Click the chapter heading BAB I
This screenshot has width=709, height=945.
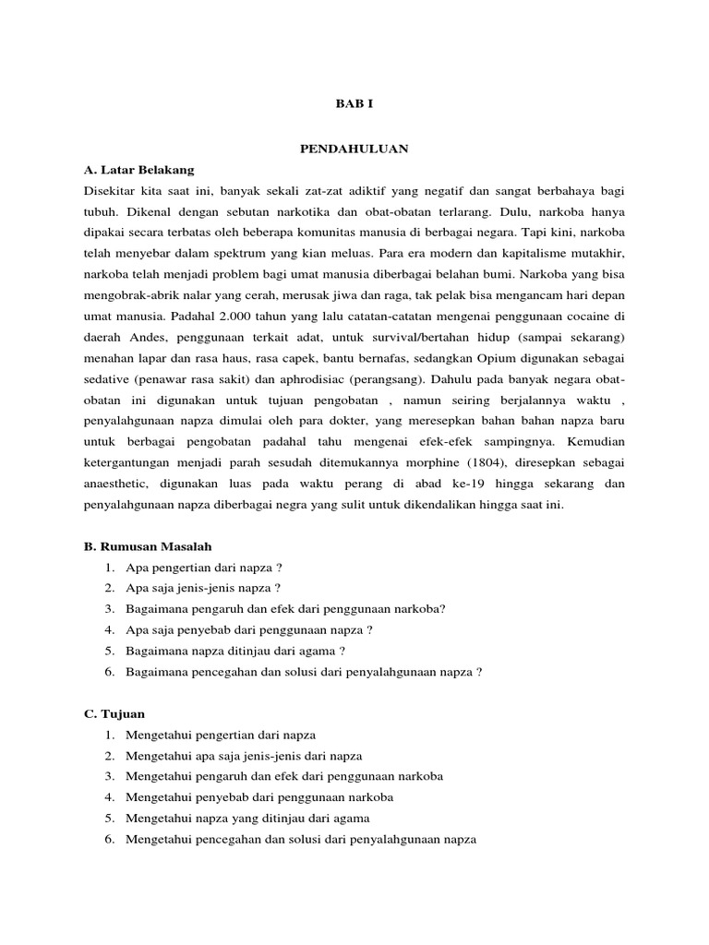(354, 104)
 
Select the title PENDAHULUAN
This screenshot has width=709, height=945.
(354, 148)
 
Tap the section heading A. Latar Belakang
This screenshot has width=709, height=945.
(139, 170)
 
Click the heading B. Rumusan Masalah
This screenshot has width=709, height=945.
(148, 547)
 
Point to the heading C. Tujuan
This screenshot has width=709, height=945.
(114, 713)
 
